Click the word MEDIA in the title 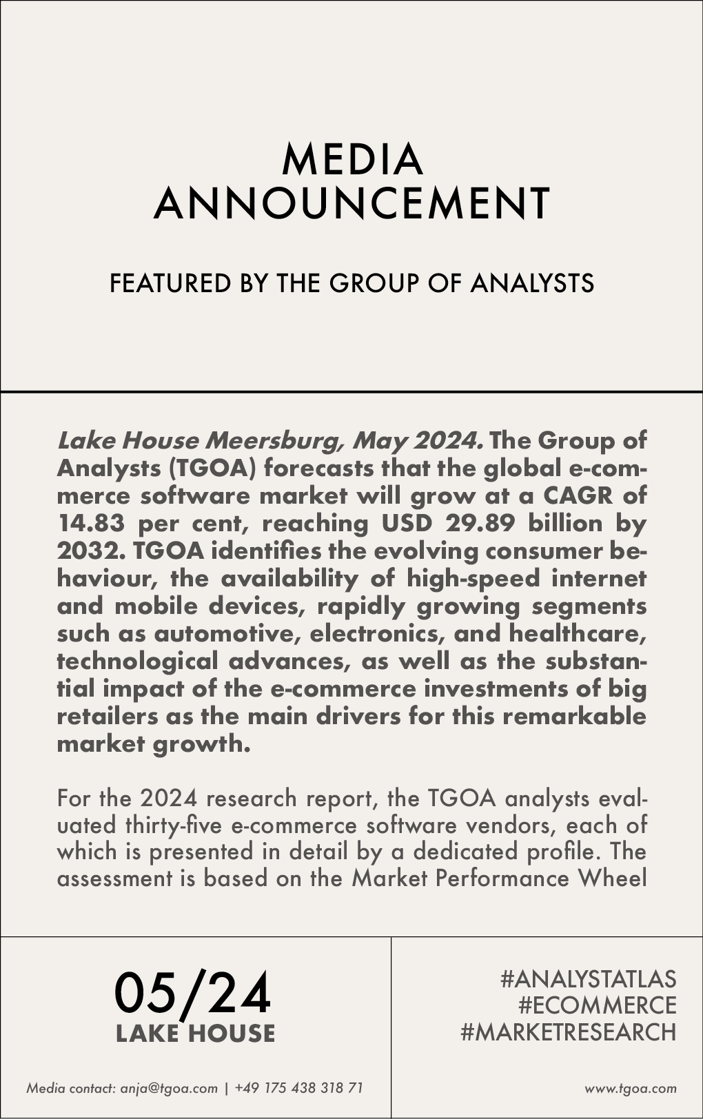click(x=351, y=159)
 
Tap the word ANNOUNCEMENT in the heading click(x=351, y=203)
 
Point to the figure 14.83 click(x=90, y=523)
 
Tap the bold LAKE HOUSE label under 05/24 click(x=195, y=1033)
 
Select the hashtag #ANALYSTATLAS click(x=588, y=978)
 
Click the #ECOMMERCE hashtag click(x=597, y=1005)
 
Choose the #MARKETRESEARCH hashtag click(x=568, y=1032)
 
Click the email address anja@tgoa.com click(x=169, y=1089)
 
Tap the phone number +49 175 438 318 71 click(x=298, y=1089)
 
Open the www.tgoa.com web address click(x=631, y=1089)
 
